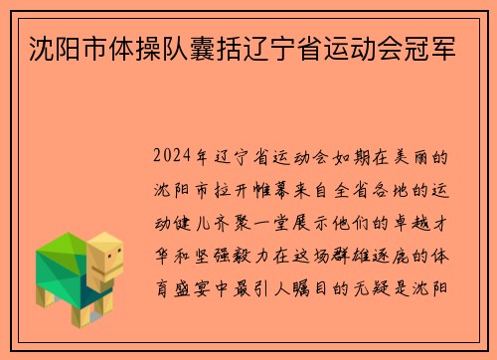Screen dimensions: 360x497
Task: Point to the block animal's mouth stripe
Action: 112,270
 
